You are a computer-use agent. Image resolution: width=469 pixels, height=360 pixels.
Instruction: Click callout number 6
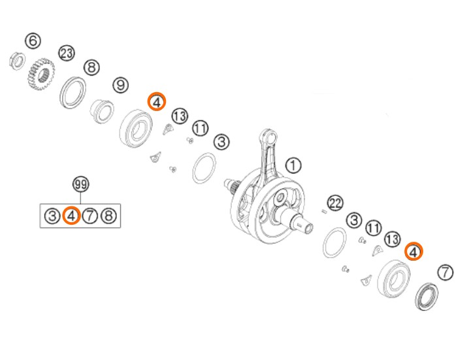[33, 41]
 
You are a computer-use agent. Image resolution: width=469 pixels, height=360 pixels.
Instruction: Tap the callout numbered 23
[67, 54]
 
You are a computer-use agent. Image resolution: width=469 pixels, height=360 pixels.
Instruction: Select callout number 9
[121, 86]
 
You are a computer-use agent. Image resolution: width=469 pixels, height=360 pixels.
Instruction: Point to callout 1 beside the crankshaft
[293, 165]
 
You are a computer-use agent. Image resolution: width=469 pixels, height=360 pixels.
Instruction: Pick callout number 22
[335, 203]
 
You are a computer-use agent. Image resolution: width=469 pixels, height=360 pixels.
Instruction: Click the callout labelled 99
[81, 184]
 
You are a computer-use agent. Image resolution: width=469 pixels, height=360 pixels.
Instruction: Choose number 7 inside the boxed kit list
[90, 216]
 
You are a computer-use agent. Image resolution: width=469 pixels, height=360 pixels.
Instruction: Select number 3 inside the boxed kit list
[52, 216]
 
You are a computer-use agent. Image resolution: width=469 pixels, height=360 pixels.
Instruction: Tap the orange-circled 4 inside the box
[71, 216]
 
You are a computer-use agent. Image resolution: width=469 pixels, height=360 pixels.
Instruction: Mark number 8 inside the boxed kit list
[109, 216]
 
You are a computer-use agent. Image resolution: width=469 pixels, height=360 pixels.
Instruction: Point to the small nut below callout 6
[18, 61]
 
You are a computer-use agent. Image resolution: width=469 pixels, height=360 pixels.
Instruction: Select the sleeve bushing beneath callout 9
[103, 111]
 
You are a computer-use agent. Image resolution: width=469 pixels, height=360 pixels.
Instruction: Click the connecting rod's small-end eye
[270, 138]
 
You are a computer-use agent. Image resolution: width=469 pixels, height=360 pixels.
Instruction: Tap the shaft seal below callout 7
[427, 296]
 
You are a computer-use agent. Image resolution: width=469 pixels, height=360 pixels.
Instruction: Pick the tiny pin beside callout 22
[323, 212]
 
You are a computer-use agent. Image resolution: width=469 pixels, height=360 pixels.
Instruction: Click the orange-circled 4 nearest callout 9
[156, 101]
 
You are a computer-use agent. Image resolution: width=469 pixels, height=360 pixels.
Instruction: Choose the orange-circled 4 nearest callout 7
[413, 251]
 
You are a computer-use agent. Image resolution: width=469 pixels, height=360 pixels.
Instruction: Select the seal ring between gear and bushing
[73, 93]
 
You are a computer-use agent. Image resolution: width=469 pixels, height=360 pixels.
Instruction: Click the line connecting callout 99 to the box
[81, 198]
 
